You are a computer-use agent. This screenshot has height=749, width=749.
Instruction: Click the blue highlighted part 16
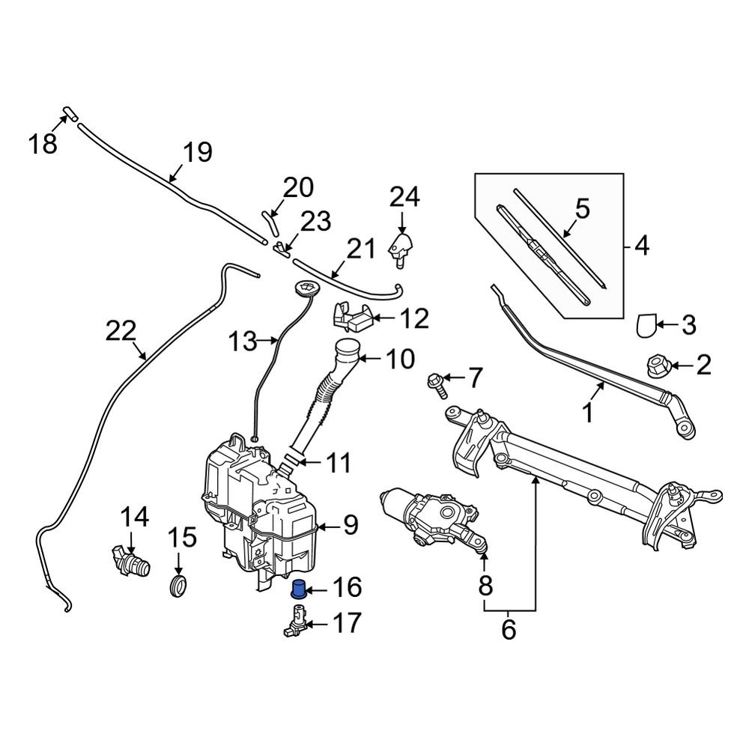coord(299,589)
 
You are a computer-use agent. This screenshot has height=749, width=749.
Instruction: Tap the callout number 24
coord(404,198)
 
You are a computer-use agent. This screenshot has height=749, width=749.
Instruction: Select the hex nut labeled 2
coord(656,366)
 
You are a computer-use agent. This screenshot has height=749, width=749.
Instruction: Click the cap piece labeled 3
coord(646,325)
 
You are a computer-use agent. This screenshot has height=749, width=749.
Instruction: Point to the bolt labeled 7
coord(437,383)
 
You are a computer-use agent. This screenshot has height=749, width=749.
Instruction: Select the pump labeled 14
coord(130,560)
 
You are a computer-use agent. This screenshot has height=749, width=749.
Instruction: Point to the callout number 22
coord(122,331)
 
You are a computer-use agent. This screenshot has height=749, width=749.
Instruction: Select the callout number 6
coord(509,630)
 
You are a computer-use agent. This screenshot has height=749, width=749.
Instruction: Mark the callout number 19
coord(198,153)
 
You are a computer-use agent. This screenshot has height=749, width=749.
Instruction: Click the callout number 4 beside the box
coord(642,245)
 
